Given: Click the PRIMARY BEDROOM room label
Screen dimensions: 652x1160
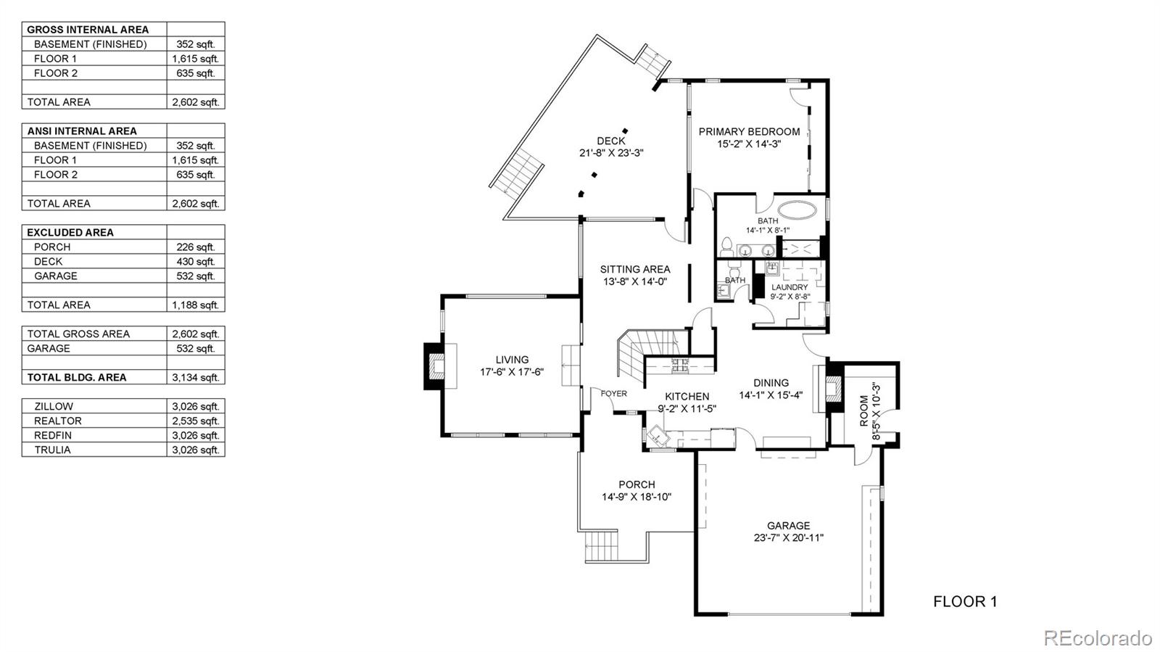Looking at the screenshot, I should [x=749, y=131].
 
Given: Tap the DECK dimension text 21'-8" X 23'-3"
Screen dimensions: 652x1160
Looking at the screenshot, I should [x=611, y=153].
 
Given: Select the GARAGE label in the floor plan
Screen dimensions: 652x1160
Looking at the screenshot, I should [x=788, y=525].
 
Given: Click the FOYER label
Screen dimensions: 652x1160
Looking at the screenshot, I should [x=613, y=393].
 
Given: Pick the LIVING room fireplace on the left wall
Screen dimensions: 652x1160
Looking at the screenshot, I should [x=435, y=366].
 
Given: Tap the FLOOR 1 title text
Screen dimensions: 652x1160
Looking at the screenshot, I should [x=964, y=601].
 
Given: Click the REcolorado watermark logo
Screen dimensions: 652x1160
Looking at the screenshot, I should [x=1097, y=637].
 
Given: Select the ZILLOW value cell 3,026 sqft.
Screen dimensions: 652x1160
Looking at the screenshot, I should [x=195, y=406].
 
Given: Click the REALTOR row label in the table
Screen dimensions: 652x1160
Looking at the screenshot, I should [x=58, y=421].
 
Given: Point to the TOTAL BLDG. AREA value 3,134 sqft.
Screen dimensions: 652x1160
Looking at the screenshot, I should [x=195, y=377].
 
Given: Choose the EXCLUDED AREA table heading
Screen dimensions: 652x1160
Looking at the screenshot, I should [x=70, y=232].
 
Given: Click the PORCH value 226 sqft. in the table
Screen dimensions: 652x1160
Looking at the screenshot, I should [x=195, y=247].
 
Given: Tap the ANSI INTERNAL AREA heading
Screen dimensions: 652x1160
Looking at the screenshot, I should [x=82, y=131].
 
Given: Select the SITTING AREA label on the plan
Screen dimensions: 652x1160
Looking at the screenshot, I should [x=634, y=269].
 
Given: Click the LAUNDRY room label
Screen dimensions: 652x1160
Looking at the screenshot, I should [x=790, y=287].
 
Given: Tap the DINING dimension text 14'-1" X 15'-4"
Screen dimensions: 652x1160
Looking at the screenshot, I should [x=771, y=395].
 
